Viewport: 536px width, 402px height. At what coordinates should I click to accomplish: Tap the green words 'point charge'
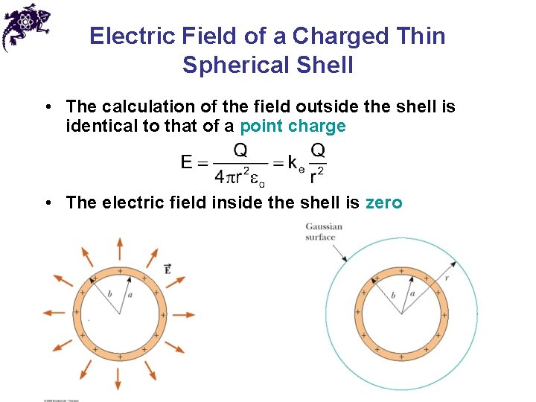point(293,126)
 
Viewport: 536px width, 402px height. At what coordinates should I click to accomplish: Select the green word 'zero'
point(383,202)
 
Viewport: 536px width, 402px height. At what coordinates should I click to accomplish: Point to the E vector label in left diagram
point(167,268)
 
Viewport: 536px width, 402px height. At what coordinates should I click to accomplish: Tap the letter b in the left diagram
point(110,293)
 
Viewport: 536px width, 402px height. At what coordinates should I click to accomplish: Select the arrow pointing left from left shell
point(54,313)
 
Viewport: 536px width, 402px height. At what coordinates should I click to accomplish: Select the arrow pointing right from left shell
point(185,313)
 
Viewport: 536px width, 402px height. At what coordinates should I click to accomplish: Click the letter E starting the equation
point(188,162)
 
